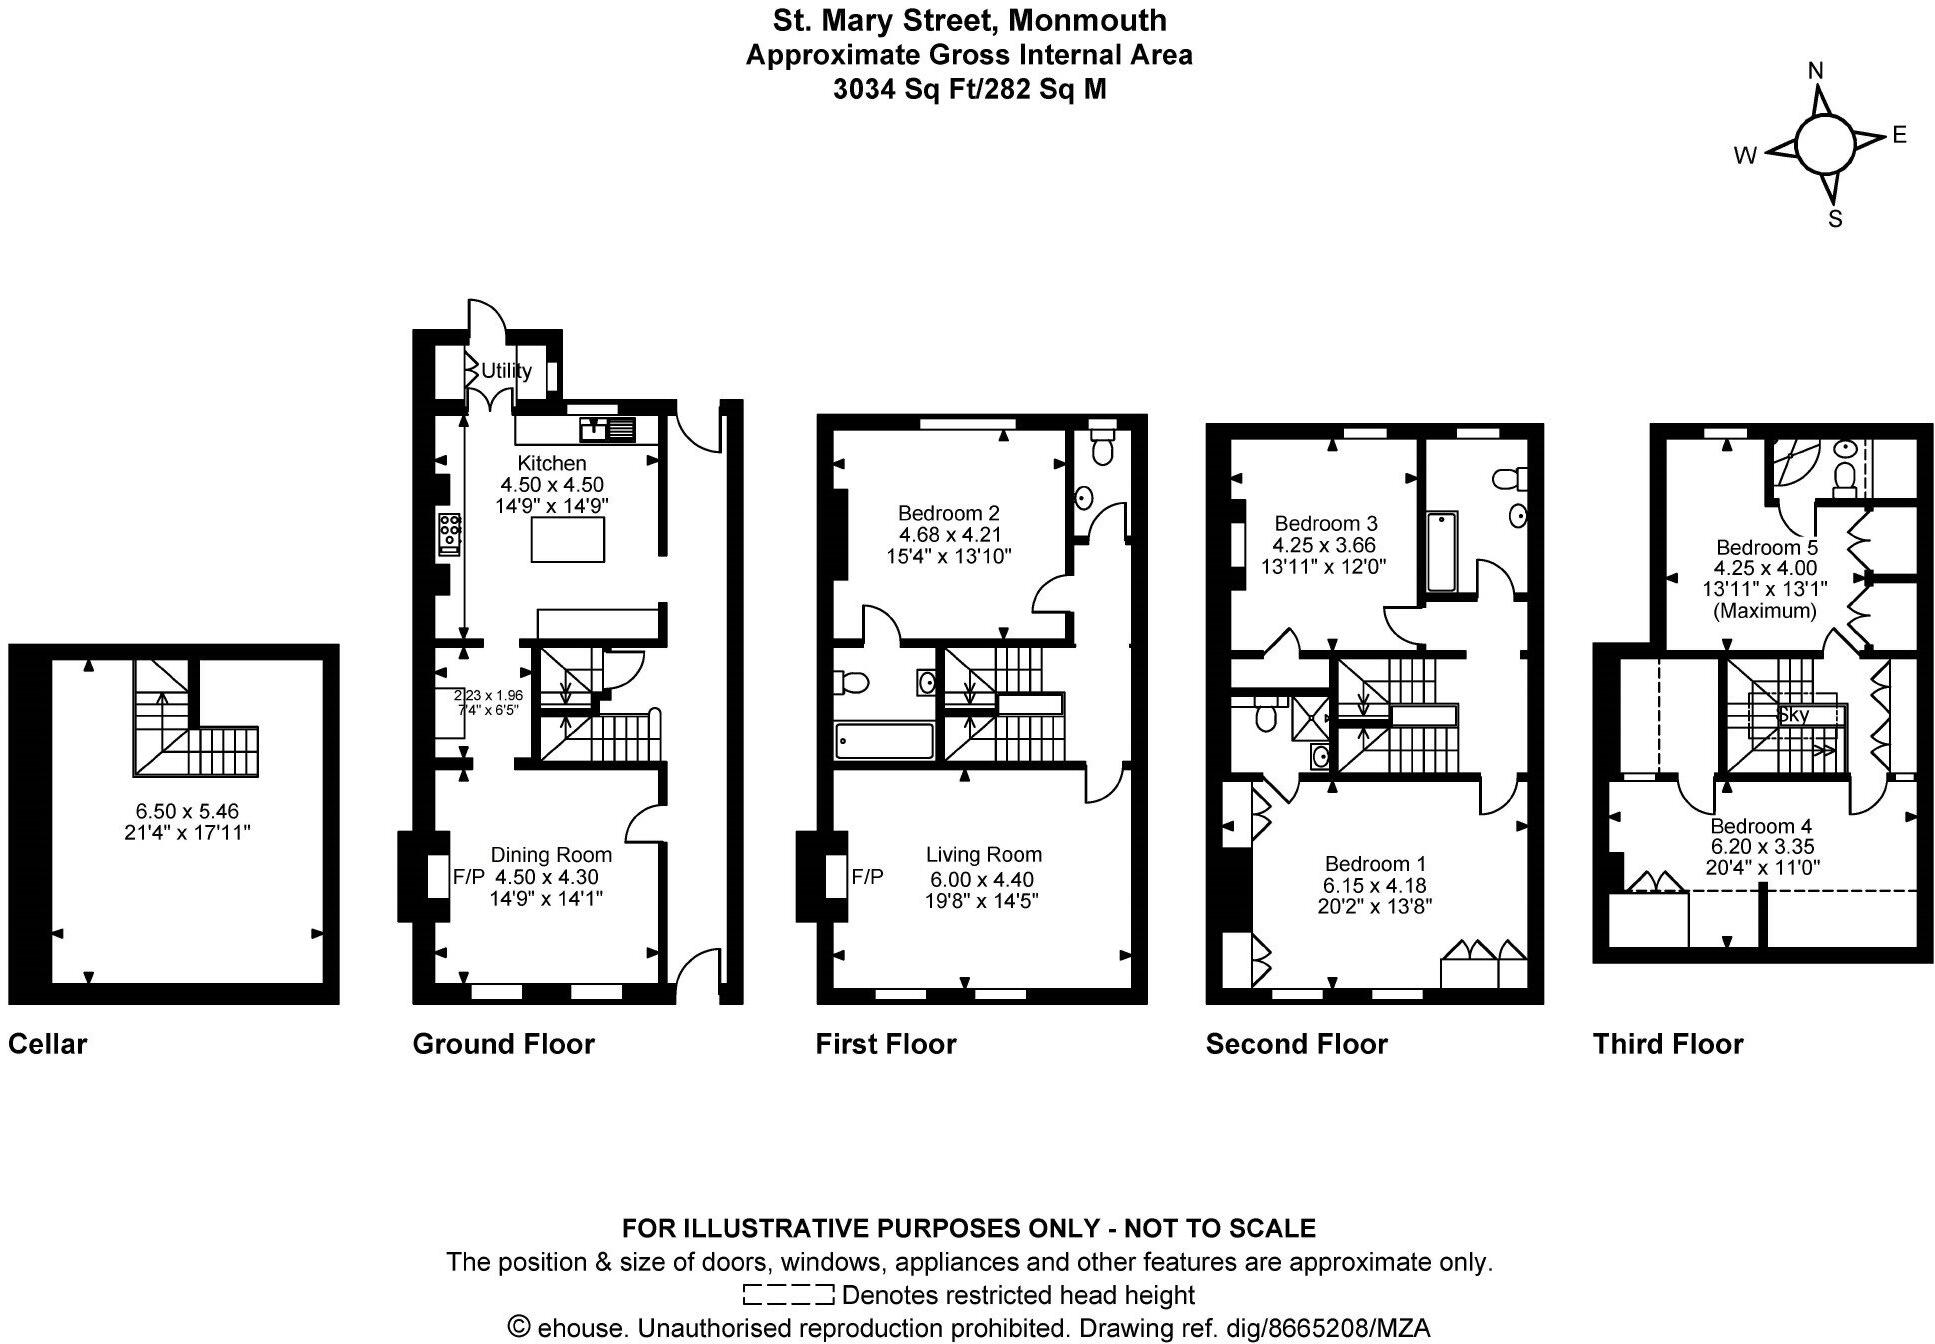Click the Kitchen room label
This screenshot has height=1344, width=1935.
click(x=551, y=463)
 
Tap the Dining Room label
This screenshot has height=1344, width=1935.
click(x=551, y=855)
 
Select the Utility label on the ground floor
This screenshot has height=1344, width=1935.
click(x=506, y=371)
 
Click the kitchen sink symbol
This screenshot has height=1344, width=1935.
click(x=607, y=430)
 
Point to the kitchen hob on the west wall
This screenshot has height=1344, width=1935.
click(x=449, y=532)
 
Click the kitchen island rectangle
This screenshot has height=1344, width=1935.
click(x=568, y=540)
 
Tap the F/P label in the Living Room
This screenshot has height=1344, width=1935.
click(x=867, y=877)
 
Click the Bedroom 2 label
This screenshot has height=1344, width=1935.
click(x=948, y=513)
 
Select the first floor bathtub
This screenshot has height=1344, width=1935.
click(x=884, y=741)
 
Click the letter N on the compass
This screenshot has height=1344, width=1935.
click(x=1817, y=71)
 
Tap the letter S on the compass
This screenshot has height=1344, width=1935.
click(x=1835, y=220)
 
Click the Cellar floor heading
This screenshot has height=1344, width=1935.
click(x=47, y=1044)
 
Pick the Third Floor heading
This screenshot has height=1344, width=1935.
click(x=1667, y=1044)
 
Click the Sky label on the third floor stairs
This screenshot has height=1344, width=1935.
click(x=1793, y=715)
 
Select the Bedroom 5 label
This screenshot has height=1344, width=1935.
click(x=1766, y=547)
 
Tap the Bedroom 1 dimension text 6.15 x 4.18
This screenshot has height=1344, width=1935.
click(x=1375, y=885)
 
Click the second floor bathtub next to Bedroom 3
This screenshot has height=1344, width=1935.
click(x=1440, y=552)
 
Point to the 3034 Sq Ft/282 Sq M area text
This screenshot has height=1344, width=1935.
click(x=969, y=90)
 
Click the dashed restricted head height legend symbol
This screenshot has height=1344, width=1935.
click(x=788, y=1295)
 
